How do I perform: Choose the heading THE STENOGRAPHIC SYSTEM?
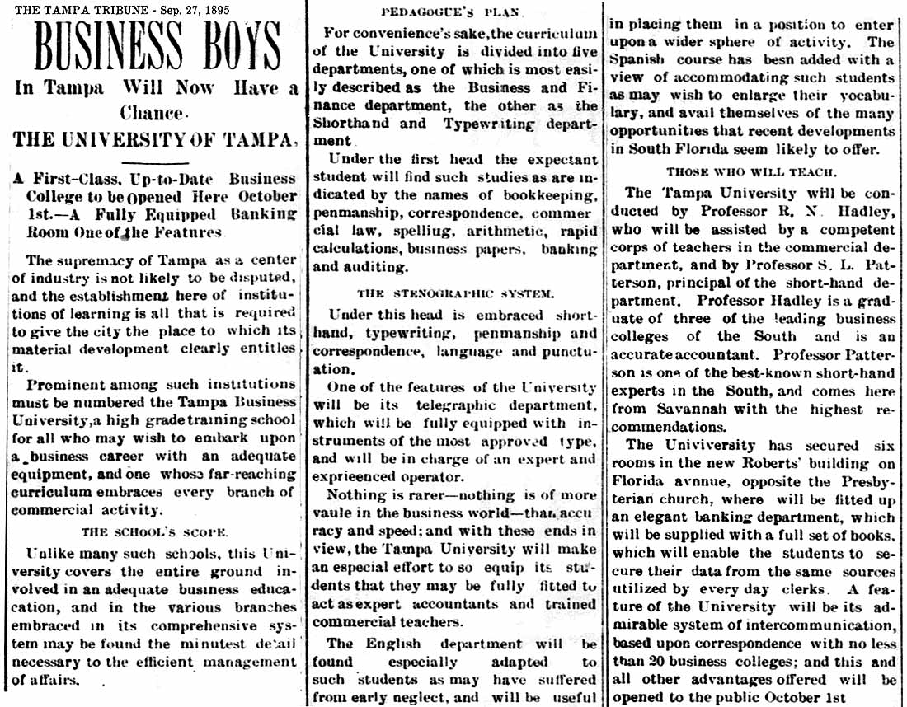coord(454,293)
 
